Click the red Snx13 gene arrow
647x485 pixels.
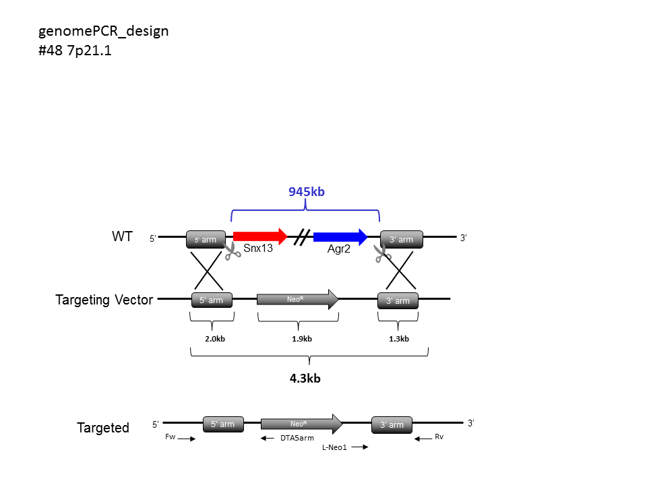pyautogui.click(x=260, y=236)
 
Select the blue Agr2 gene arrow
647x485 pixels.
pyautogui.click(x=340, y=236)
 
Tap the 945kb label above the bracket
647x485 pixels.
pyautogui.click(x=307, y=192)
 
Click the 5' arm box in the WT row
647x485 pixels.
pyautogui.click(x=206, y=239)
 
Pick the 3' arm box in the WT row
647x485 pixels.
pyautogui.click(x=402, y=239)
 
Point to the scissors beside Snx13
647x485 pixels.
pyautogui.click(x=233, y=251)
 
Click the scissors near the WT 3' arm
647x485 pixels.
pyautogui.click(x=383, y=253)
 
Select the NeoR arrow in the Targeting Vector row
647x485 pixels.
pyautogui.click(x=297, y=299)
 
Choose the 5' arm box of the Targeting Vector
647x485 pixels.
pyautogui.click(x=212, y=300)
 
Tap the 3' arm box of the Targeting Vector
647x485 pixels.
pyautogui.click(x=398, y=300)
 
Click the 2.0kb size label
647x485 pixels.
pyautogui.click(x=215, y=339)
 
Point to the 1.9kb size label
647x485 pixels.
pyautogui.click(x=302, y=339)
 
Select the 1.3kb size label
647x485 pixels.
pyautogui.click(x=398, y=339)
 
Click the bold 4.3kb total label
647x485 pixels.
pyautogui.click(x=305, y=379)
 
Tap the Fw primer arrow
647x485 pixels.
pyautogui.click(x=187, y=439)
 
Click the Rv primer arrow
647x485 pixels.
pyautogui.click(x=423, y=439)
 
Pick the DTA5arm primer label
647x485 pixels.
pyautogui.click(x=297, y=438)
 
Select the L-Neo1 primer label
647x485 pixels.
pyautogui.click(x=335, y=447)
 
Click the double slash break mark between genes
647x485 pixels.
pyautogui.click(x=303, y=237)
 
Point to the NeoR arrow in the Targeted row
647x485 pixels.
pyautogui.click(x=302, y=424)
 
